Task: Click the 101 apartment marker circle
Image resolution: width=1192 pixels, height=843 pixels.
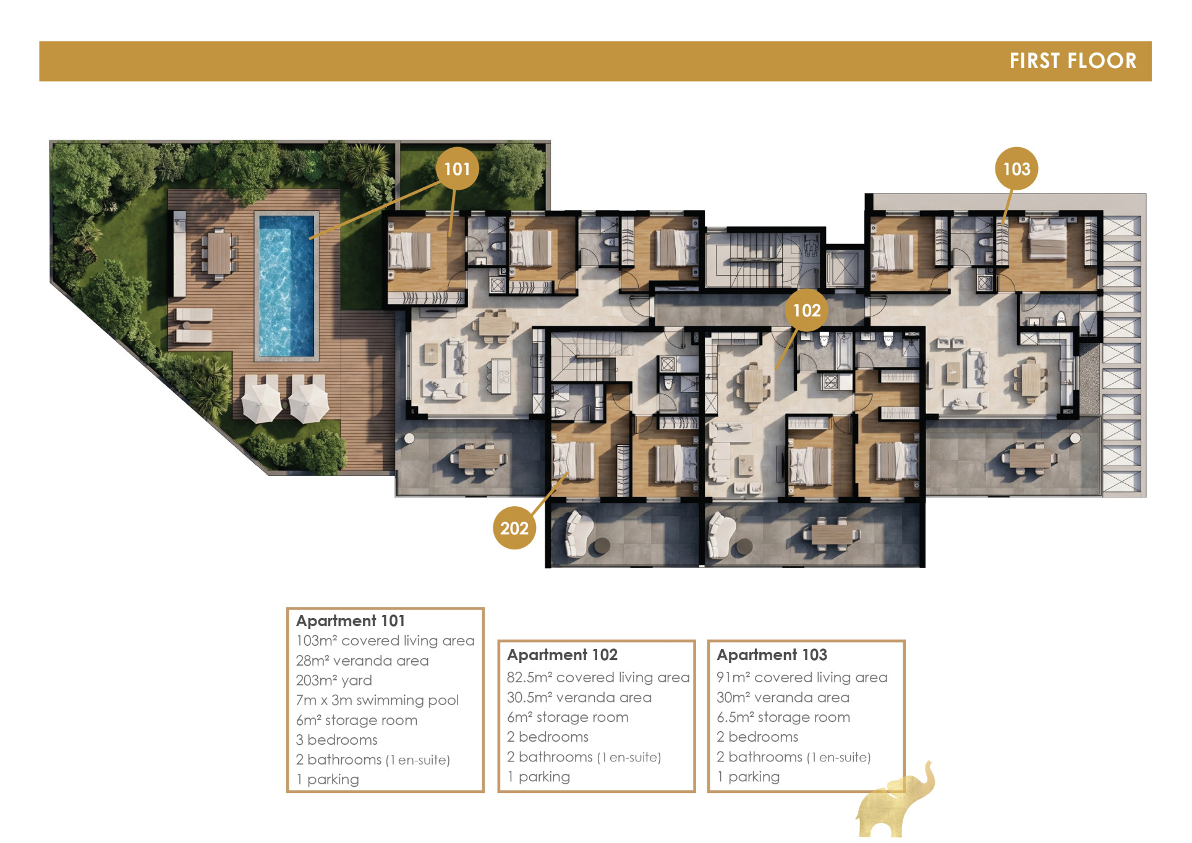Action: pos(457,168)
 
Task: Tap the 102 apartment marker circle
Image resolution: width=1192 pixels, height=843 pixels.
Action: pos(806,310)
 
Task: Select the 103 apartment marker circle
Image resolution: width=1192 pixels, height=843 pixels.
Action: pos(1016,168)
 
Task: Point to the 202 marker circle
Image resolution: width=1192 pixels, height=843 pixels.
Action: pos(514,528)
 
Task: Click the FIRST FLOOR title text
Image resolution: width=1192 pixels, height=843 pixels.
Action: pos(1073,61)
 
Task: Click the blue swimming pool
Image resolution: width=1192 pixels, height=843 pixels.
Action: pos(286,285)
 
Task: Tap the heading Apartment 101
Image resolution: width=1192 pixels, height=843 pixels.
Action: pos(351,621)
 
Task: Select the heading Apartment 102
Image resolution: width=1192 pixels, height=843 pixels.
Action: pos(562,654)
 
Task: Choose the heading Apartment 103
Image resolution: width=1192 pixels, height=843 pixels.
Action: pos(772,654)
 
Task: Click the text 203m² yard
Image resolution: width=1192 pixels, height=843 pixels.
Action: pos(334,680)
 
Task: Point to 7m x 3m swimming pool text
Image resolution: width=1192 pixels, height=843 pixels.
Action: pos(377,700)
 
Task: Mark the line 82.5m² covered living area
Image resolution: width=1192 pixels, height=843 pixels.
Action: pos(598,677)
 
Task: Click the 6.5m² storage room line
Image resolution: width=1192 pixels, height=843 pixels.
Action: pos(783,717)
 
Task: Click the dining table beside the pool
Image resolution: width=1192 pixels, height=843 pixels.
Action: pos(219,252)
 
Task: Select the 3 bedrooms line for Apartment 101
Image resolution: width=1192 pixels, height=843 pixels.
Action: pos(336,740)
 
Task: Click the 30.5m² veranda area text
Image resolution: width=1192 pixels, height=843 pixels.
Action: pos(579,697)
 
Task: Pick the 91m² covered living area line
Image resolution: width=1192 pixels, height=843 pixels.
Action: pos(802,677)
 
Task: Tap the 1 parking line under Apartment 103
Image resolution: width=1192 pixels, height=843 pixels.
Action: pos(748,777)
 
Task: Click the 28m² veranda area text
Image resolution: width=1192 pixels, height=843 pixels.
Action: pos(362,661)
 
